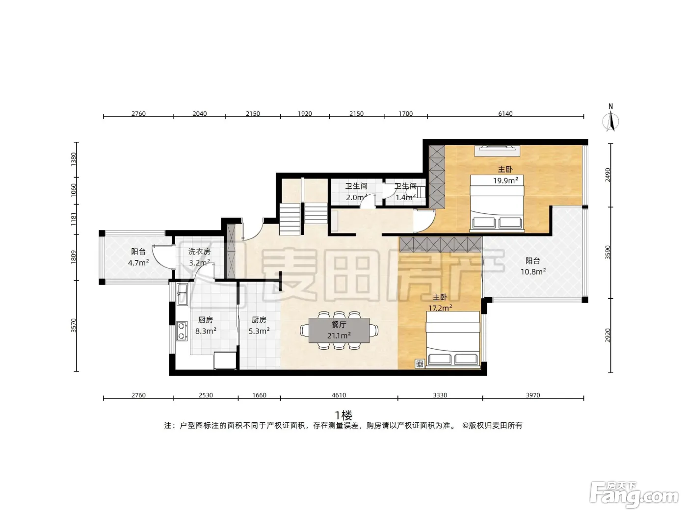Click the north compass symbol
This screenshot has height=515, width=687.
(x=610, y=118)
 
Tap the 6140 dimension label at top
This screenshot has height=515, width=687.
(x=505, y=113)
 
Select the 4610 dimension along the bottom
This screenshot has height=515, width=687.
(x=339, y=395)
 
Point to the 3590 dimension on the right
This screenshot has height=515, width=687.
(x=608, y=252)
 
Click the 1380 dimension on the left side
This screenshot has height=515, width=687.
(x=73, y=159)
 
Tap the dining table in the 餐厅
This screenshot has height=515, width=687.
(x=339, y=330)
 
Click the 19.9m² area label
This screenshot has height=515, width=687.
(x=505, y=180)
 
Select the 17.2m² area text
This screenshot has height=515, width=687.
(x=440, y=308)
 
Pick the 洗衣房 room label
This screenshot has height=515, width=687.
(x=199, y=252)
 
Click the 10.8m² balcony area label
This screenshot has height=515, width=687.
(x=533, y=271)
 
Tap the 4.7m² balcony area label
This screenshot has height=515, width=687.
(x=138, y=263)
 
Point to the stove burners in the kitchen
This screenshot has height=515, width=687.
(x=182, y=331)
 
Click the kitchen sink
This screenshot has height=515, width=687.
(x=182, y=294)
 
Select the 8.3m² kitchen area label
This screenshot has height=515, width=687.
(x=206, y=331)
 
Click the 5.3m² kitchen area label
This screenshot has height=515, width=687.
(x=259, y=331)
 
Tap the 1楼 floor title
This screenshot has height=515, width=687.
(x=343, y=415)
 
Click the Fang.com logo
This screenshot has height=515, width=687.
(x=634, y=494)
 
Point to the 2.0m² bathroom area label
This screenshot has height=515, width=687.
(x=356, y=197)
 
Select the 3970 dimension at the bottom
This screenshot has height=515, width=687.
(x=533, y=395)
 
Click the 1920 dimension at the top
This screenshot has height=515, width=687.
(x=305, y=113)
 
